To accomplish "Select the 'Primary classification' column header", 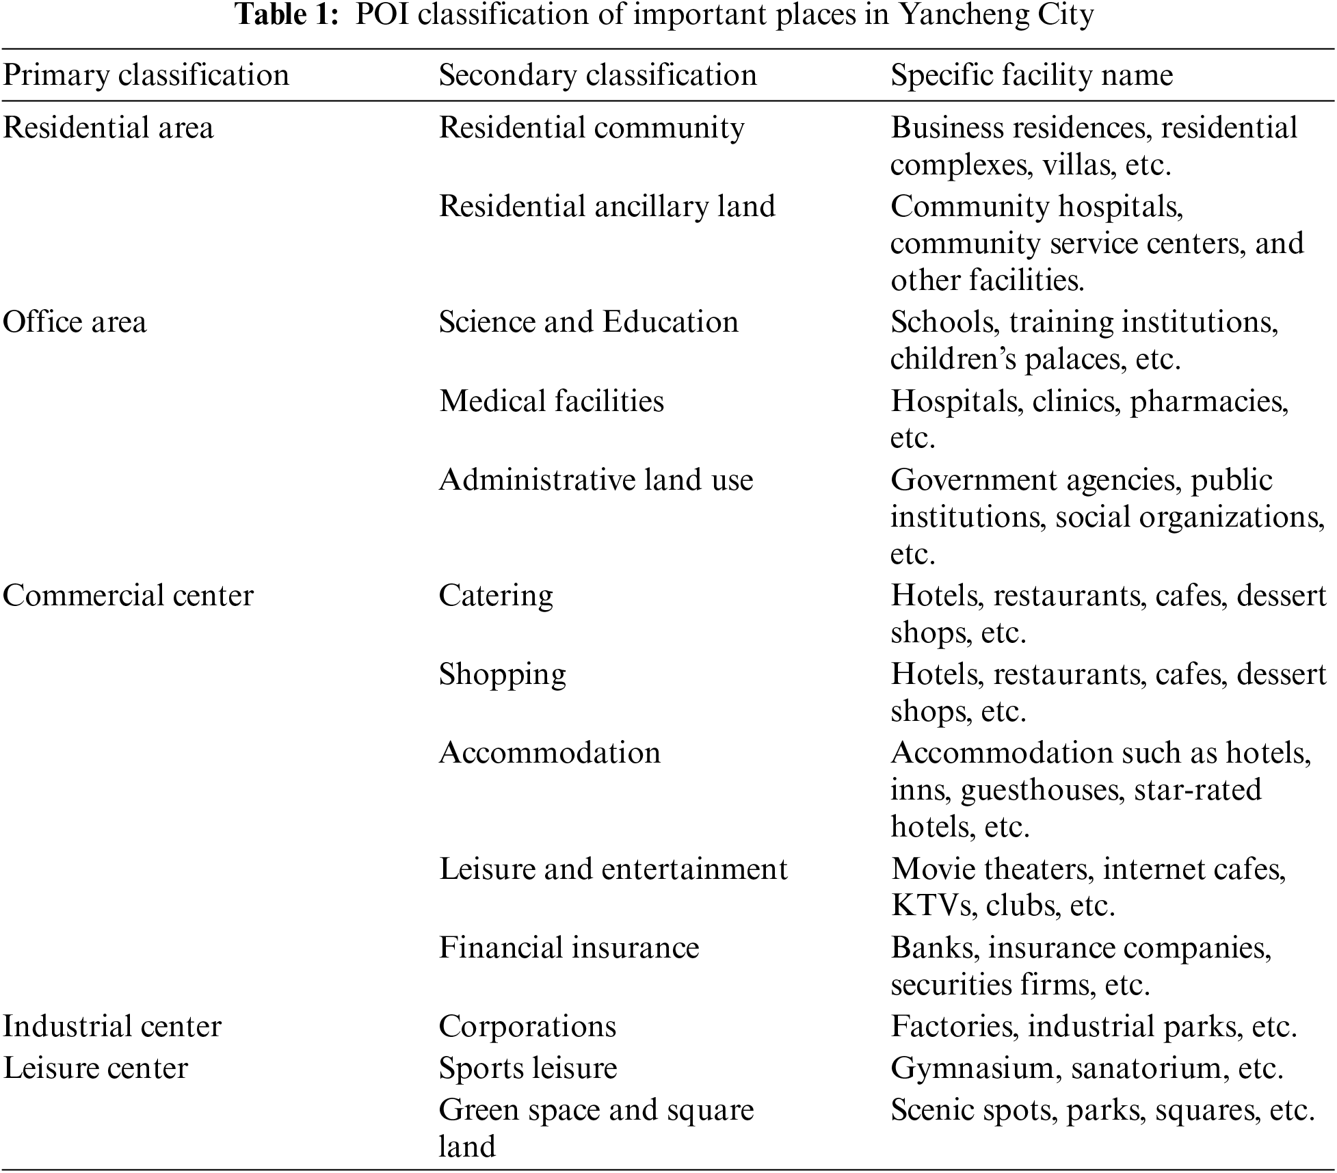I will pos(146,75).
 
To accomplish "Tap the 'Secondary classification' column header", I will pos(598,75).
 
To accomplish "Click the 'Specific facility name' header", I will pos(1031,75).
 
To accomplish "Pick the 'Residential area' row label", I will pos(108,128).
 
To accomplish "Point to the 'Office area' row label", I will pos(75,322).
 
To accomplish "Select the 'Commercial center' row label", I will pos(128,595).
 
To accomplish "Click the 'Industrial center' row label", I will pos(112,1026).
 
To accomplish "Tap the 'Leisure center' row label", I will pos(95,1068).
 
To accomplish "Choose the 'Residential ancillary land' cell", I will pos(607,207).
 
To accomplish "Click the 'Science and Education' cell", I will pos(589,322).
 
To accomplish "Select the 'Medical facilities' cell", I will pos(551,401).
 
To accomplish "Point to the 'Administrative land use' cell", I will pos(596,480).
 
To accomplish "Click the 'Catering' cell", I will pos(496,595).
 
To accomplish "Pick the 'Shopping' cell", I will pos(503,674).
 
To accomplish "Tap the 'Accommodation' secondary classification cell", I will pos(550,753).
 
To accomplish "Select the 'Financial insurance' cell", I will pos(569,948).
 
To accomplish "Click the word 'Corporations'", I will pos(527,1026).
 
